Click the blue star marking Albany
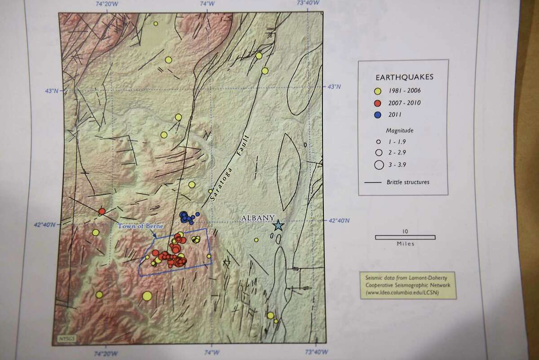point(278,225)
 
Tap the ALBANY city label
point(257,218)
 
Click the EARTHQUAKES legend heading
point(402,77)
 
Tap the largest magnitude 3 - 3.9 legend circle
point(378,164)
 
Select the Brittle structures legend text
point(408,182)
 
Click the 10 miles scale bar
point(405,237)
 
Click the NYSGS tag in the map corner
point(63,337)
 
